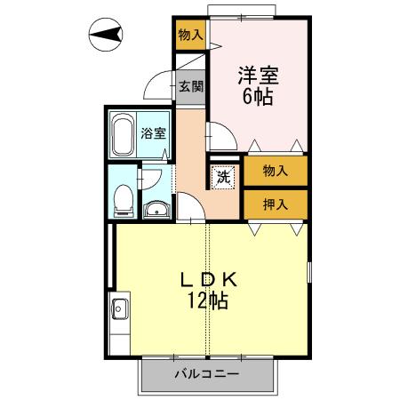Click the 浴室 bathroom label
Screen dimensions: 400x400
[153, 134]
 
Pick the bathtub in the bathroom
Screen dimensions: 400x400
[123, 134]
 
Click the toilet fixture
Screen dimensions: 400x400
[123, 196]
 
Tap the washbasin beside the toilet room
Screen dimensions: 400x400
[156, 210]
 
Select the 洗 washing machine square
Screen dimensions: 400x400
[224, 175]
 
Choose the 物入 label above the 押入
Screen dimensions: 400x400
[275, 170]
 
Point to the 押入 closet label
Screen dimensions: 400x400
[275, 204]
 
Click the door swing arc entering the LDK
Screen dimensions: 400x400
[189, 207]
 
